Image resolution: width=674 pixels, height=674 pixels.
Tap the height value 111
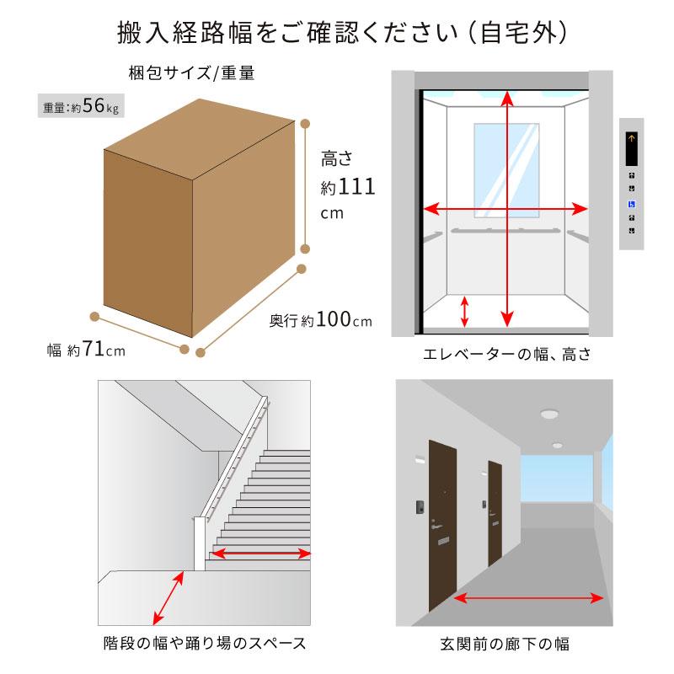(x=356, y=186)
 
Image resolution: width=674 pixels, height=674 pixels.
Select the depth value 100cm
(x=344, y=319)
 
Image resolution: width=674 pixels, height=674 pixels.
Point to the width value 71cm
(x=104, y=349)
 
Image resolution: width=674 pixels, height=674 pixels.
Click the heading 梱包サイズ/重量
(x=192, y=72)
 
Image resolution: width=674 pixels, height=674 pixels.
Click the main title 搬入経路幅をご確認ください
(x=287, y=33)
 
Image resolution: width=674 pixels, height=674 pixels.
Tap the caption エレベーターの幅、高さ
(x=507, y=354)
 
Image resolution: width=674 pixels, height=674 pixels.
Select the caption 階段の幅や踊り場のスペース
(x=205, y=643)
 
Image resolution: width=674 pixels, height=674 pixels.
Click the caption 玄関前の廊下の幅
(x=505, y=644)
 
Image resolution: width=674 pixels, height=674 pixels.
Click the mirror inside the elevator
(x=506, y=171)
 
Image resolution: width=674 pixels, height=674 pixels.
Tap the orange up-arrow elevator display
(x=631, y=148)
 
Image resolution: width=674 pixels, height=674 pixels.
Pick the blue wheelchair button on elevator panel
(x=631, y=204)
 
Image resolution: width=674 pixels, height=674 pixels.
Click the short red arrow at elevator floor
(x=464, y=312)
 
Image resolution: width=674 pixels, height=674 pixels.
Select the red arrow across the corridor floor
(x=528, y=598)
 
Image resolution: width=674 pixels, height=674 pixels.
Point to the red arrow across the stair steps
(x=261, y=554)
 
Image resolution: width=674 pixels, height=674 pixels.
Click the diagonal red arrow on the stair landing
(x=168, y=598)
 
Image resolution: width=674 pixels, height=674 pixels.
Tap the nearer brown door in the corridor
(x=442, y=524)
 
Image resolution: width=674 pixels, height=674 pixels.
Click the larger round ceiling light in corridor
(x=549, y=415)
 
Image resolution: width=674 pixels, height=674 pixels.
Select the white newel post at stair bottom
(x=199, y=543)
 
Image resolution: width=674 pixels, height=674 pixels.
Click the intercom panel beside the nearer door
(x=420, y=506)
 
